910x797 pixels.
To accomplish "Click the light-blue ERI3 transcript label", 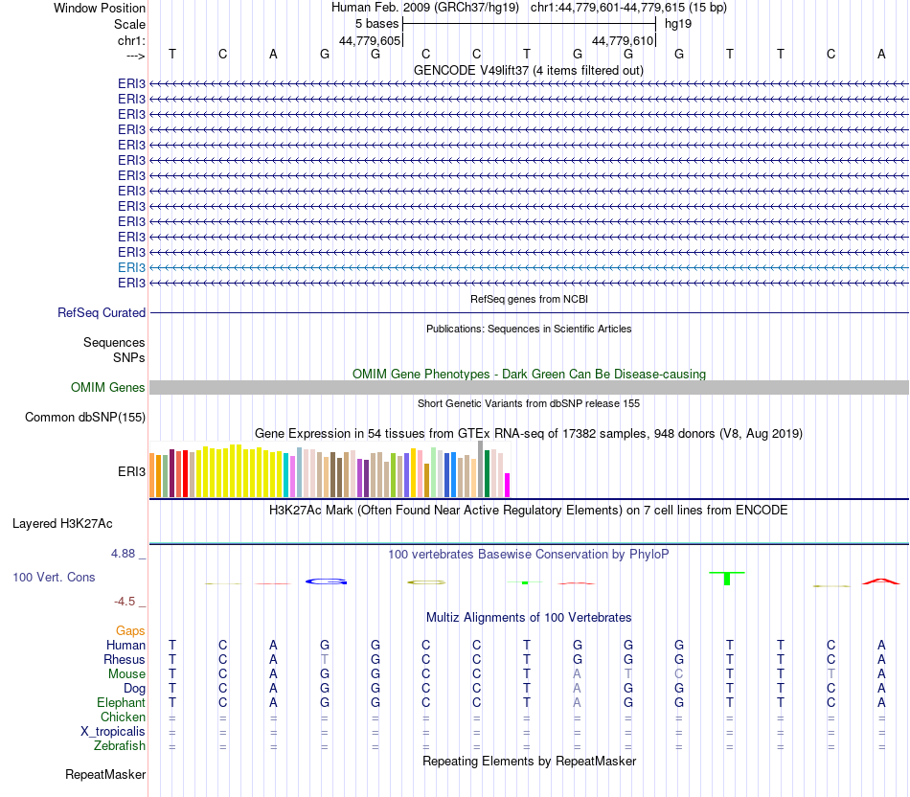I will click(131, 267).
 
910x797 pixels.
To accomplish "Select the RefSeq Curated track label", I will click(102, 312).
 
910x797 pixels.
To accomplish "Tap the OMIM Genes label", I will click(108, 388).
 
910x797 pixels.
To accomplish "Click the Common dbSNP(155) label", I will click(85, 417).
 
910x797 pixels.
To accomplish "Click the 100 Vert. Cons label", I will click(54, 578).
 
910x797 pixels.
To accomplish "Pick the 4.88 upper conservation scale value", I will click(127, 554).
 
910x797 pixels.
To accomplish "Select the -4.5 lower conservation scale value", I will click(128, 602).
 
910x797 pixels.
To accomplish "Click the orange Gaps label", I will click(130, 630).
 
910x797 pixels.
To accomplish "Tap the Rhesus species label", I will click(125, 659).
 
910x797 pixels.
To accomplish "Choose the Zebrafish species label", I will click(120, 745).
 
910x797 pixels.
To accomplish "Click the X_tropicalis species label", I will click(113, 731).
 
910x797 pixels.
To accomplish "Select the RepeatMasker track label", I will click(105, 774).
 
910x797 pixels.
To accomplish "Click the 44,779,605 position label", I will click(370, 40).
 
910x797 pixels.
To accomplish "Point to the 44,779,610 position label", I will click(623, 40).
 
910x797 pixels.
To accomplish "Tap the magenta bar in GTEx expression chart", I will click(508, 485).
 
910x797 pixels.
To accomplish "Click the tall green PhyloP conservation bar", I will click(727, 578).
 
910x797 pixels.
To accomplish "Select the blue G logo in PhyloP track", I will click(325, 581).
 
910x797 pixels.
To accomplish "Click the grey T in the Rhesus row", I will click(325, 659).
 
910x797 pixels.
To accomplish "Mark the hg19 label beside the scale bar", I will click(678, 24).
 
